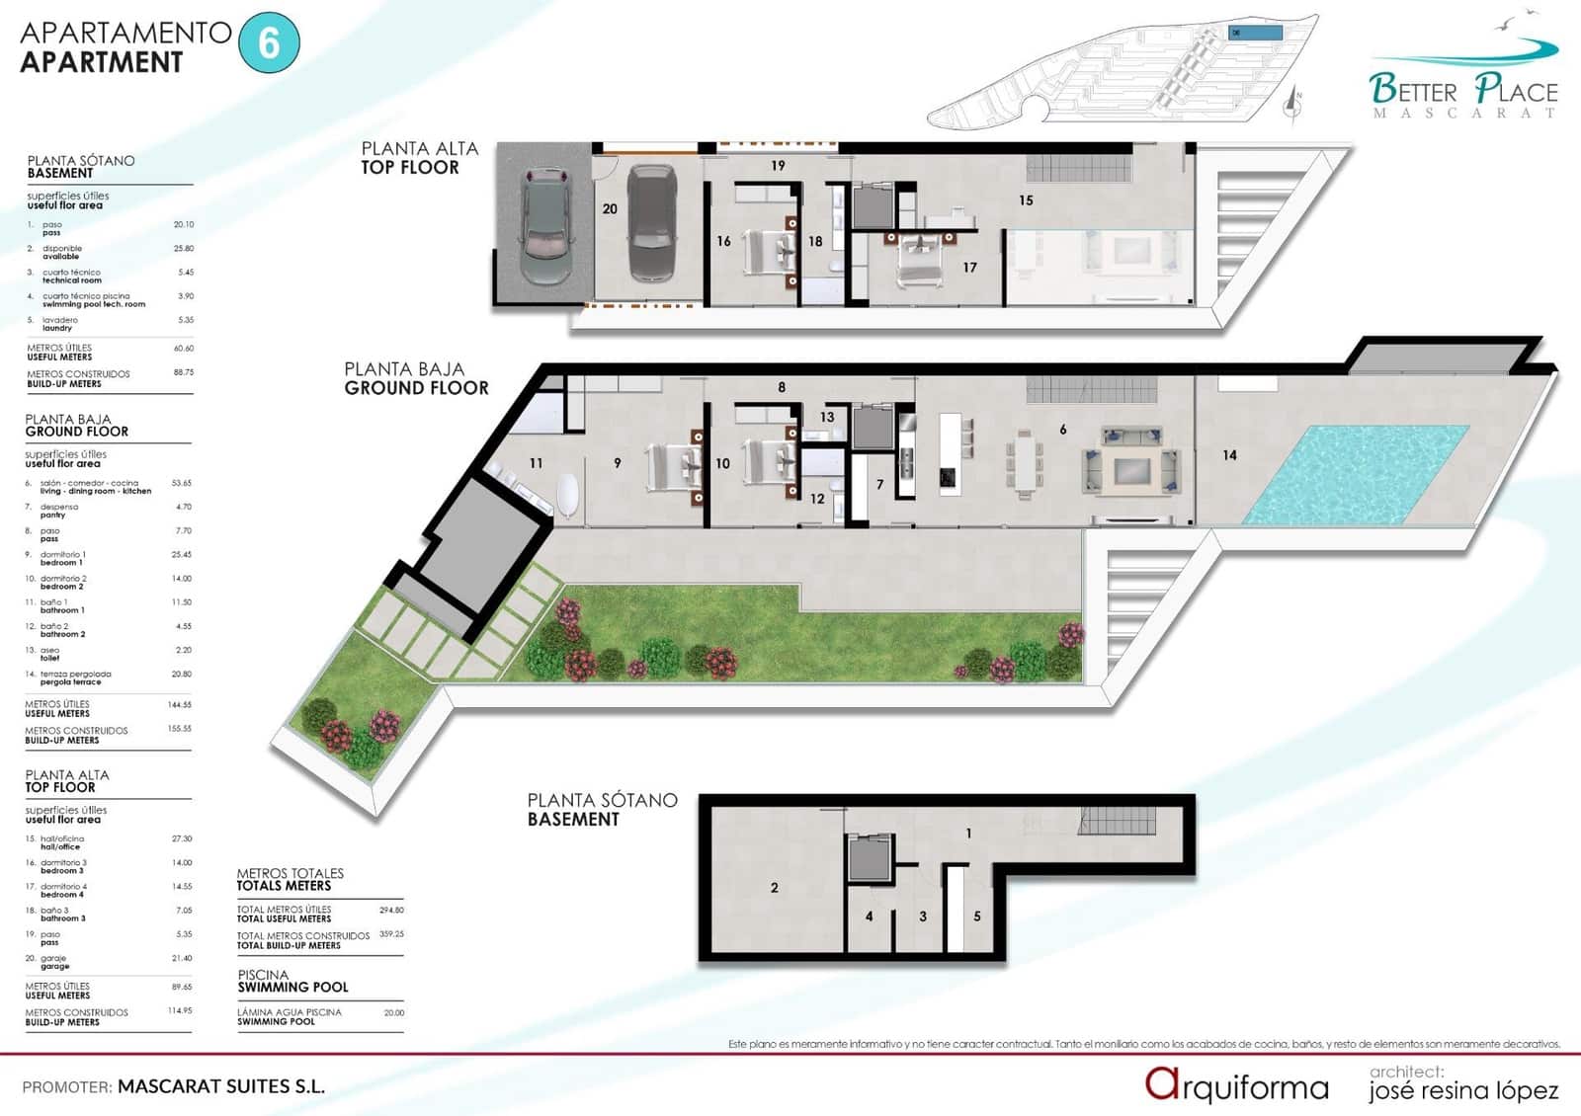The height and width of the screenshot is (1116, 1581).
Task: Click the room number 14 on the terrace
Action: (1229, 455)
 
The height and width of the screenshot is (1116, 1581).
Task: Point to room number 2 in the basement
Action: (774, 888)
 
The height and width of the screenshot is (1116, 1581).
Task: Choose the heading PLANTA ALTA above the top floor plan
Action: (419, 148)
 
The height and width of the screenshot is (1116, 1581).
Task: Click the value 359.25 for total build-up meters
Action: (391, 933)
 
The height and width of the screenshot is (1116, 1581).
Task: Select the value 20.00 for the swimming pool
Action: (393, 1012)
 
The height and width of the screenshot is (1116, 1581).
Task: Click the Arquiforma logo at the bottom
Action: (1236, 1086)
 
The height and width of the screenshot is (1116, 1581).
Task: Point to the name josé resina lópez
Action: (1462, 1090)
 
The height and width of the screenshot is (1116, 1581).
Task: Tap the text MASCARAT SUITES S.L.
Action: (221, 1086)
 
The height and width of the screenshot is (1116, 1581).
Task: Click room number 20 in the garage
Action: (610, 209)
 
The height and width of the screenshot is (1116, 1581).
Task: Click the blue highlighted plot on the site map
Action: (1255, 33)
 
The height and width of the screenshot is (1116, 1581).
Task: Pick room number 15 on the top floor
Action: (1026, 200)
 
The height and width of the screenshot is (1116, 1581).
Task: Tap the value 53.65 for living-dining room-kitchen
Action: (181, 483)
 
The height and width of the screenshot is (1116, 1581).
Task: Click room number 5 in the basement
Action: (977, 917)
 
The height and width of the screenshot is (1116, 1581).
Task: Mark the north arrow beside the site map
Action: (1293, 104)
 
